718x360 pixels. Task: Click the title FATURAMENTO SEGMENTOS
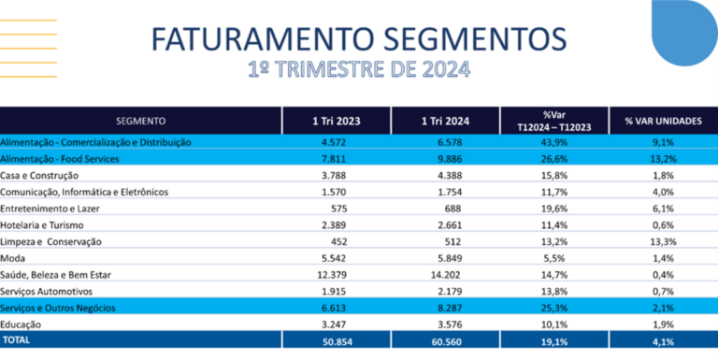[358, 39]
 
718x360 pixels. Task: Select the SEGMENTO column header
[141, 121]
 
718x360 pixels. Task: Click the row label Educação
[23, 324]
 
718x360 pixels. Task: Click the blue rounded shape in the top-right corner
[682, 28]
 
